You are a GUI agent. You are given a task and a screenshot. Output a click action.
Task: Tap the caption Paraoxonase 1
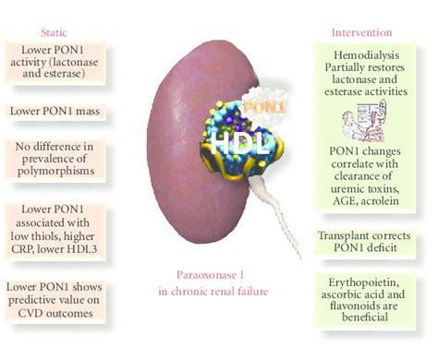click(222, 274)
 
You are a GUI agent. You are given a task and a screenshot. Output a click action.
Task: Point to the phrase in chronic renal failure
click(222, 292)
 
